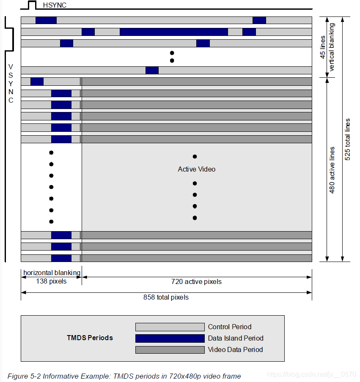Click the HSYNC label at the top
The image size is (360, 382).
pyautogui.click(x=55, y=5)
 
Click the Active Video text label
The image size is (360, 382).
pyautogui.click(x=196, y=169)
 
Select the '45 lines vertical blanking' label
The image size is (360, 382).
pyautogui.click(x=327, y=47)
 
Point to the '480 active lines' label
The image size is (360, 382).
pyautogui.click(x=332, y=170)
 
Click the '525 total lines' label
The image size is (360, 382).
pyautogui.click(x=347, y=139)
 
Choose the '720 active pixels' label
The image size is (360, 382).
pyautogui.click(x=196, y=281)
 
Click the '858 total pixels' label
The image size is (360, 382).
pyautogui.click(x=166, y=297)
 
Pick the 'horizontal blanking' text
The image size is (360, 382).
pyautogui.click(x=52, y=273)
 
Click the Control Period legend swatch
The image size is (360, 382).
pyautogui.click(x=170, y=327)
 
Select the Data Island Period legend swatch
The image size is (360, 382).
pyautogui.click(x=170, y=338)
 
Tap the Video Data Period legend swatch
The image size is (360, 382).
pyautogui.click(x=170, y=350)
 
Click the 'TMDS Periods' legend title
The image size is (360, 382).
pyautogui.click(x=90, y=338)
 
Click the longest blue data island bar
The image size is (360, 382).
pyautogui.click(x=173, y=32)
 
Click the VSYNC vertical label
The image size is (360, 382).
pyautogui.click(x=11, y=83)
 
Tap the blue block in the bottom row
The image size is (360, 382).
pyautogui.click(x=61, y=258)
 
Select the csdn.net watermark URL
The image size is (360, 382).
pyautogui.click(x=312, y=374)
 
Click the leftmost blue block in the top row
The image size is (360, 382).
pyautogui.click(x=46, y=20)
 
